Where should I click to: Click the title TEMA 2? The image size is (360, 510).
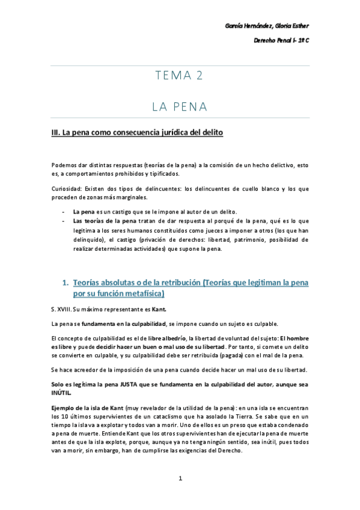pyautogui.click(x=179, y=76)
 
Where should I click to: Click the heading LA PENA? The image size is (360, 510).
pyautogui.click(x=179, y=107)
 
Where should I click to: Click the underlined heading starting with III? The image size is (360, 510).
pyautogui.click(x=138, y=132)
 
